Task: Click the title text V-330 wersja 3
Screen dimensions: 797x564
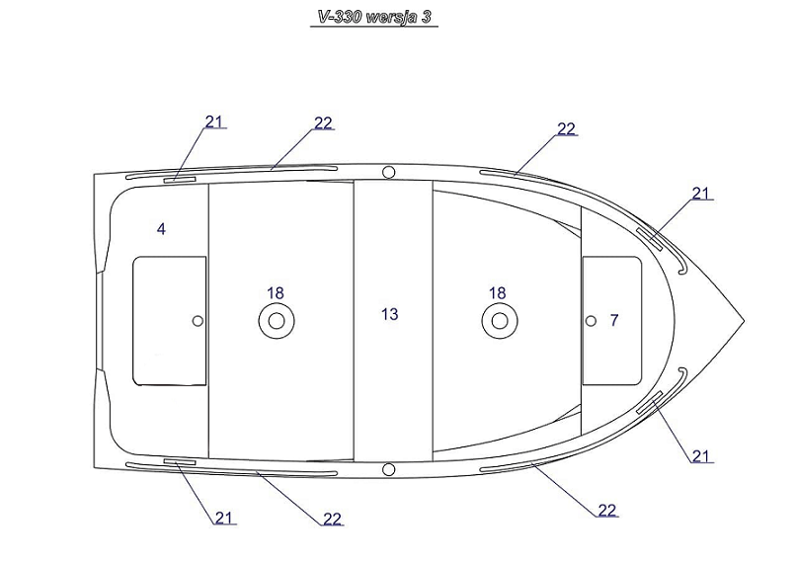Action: click(x=374, y=17)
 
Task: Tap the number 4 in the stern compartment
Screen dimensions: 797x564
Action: click(x=161, y=229)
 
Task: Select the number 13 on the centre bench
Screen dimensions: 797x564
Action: click(x=390, y=314)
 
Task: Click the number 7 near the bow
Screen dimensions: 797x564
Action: click(x=614, y=320)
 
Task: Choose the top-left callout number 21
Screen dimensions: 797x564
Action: click(x=214, y=121)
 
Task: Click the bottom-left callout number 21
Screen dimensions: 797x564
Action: click(x=224, y=518)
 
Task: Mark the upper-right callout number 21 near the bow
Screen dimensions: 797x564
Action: click(x=700, y=194)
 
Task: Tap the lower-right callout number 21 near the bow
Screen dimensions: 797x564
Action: click(x=700, y=456)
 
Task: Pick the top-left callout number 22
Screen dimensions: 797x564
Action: click(x=323, y=123)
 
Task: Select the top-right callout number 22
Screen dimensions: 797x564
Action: click(x=566, y=129)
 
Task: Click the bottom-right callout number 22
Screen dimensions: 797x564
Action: click(x=607, y=510)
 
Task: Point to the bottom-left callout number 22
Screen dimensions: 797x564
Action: click(x=333, y=519)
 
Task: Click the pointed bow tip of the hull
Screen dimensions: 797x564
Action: click(x=744, y=321)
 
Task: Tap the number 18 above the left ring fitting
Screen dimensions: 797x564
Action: click(x=276, y=293)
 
